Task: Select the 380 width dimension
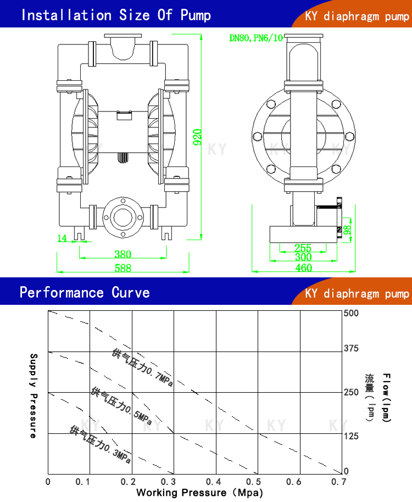[x=123, y=254]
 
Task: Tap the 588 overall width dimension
[x=123, y=268]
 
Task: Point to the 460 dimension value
[x=303, y=268]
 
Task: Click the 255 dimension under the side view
[x=303, y=248]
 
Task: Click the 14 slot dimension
[x=62, y=238]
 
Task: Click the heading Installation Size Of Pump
[x=115, y=15]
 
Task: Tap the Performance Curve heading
[x=85, y=292]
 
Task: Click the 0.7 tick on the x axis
[x=339, y=482]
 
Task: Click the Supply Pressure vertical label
[x=32, y=395]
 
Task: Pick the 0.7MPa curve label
[x=142, y=367]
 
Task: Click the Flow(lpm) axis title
[x=387, y=398]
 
